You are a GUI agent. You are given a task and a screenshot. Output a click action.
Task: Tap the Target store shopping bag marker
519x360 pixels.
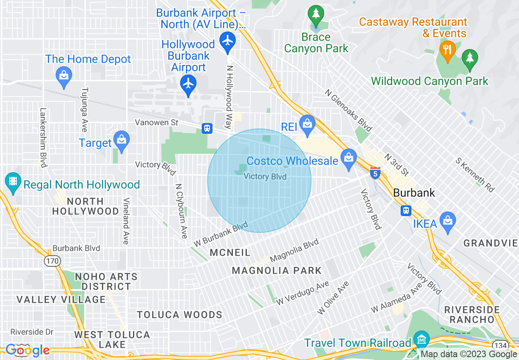(121, 139)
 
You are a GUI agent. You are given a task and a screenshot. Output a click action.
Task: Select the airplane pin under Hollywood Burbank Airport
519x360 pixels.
(188, 84)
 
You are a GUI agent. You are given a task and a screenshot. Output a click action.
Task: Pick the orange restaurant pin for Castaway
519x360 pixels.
(447, 50)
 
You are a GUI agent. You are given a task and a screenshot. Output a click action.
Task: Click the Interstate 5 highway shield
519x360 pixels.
(375, 172)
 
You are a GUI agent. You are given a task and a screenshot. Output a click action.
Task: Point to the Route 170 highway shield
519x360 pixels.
(53, 261)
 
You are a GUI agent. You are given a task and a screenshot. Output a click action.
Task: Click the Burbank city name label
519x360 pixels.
(414, 193)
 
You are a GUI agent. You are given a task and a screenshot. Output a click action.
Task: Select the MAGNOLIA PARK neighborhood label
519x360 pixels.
(277, 270)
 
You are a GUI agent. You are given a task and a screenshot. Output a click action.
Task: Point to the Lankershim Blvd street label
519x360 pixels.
(43, 137)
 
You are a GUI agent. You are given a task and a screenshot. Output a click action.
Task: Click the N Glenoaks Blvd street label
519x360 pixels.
(348, 110)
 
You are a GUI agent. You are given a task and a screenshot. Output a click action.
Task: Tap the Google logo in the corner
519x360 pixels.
(27, 350)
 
